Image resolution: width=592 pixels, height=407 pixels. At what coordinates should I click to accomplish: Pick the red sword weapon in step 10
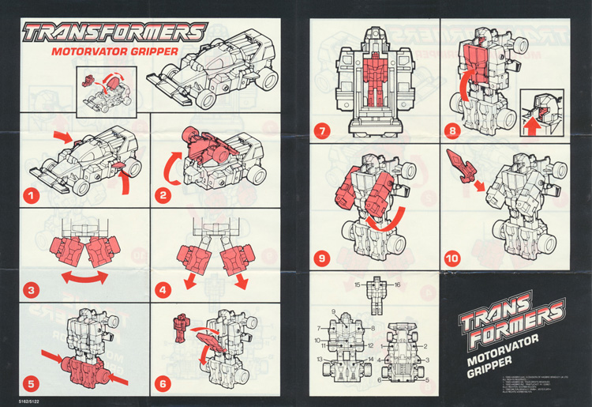(x=459, y=165)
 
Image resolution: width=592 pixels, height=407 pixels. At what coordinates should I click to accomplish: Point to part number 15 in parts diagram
(x=357, y=283)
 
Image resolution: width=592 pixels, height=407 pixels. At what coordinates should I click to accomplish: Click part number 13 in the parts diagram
(x=321, y=359)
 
